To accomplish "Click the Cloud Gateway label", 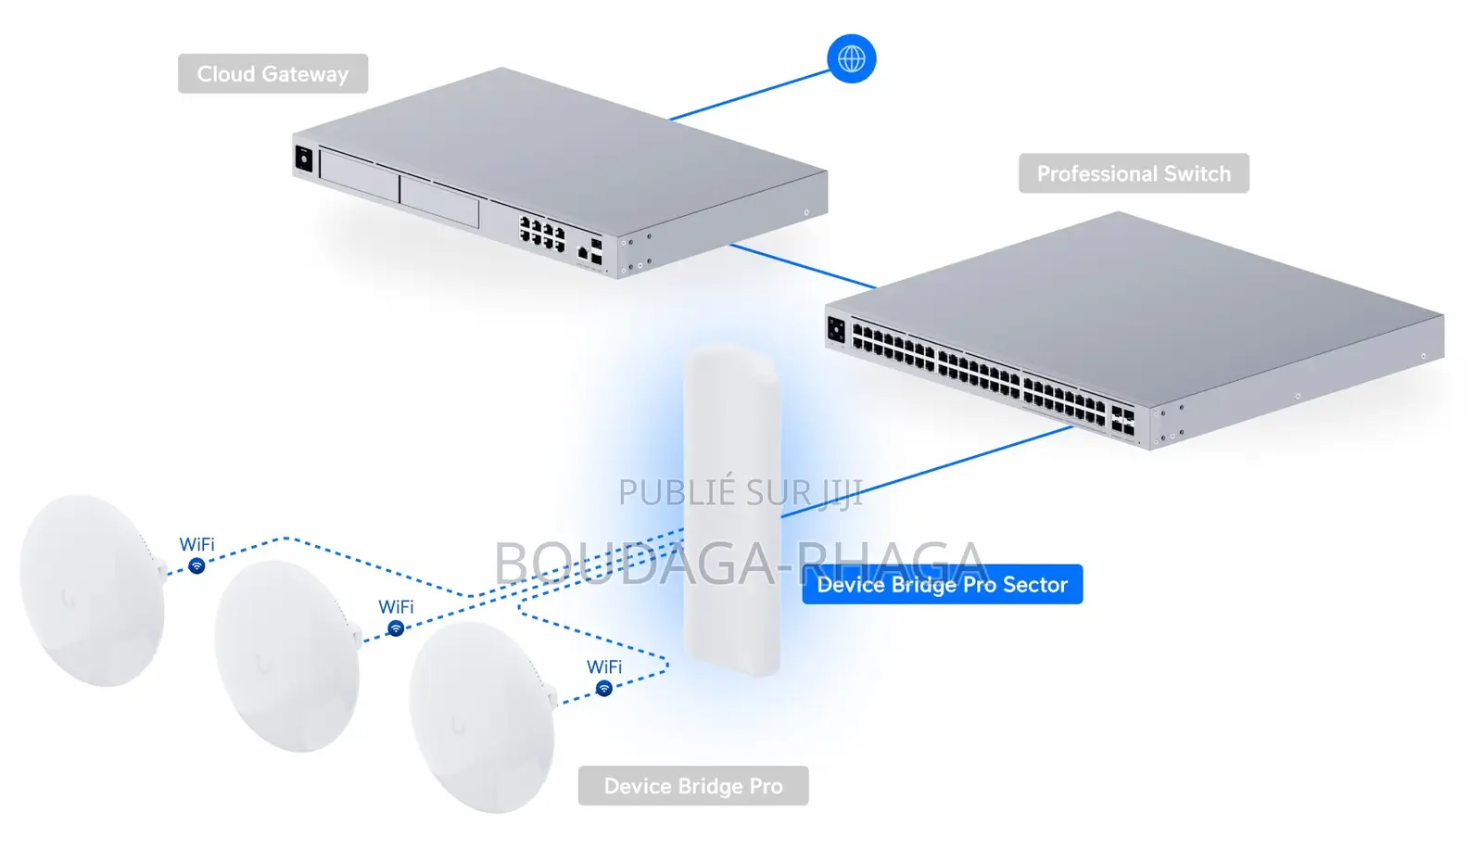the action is click(x=273, y=73).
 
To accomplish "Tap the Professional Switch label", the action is click(x=1134, y=173).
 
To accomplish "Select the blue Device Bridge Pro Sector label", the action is click(x=942, y=584).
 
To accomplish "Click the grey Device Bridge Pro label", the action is click(x=693, y=786).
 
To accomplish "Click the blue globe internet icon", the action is click(x=852, y=59).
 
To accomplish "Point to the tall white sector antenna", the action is click(x=732, y=510).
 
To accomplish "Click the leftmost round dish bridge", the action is click(x=92, y=590).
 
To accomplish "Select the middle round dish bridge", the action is click(x=287, y=655).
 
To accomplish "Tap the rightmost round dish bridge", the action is click(x=482, y=717).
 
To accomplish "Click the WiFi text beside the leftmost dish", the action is click(x=196, y=544).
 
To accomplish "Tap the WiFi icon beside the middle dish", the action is click(x=396, y=628).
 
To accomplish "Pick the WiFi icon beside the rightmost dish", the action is click(x=603, y=689).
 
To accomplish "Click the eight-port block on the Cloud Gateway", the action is click(x=542, y=233).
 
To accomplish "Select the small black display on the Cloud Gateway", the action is click(x=303, y=159).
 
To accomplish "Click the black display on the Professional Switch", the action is click(x=836, y=329).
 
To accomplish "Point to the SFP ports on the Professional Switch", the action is click(x=1122, y=421).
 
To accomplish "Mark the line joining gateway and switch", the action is click(x=803, y=267).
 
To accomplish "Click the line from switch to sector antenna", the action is click(x=927, y=471).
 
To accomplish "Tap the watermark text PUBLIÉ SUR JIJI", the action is click(x=741, y=492).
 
